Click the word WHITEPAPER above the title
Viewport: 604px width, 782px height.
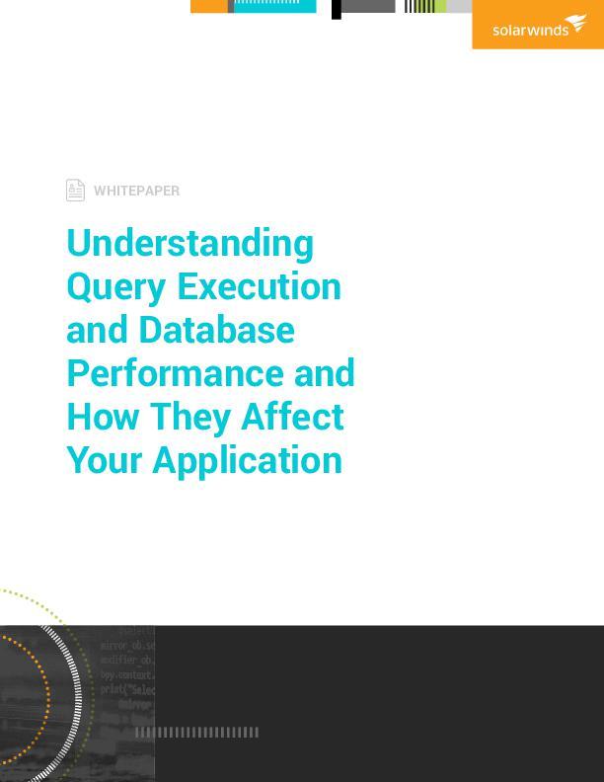pyautogui.click(x=136, y=191)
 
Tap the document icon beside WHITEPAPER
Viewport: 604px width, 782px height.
pyautogui.click(x=75, y=190)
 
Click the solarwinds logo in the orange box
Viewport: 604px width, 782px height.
pyautogui.click(x=539, y=27)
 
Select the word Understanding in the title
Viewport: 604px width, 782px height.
pyautogui.click(x=189, y=243)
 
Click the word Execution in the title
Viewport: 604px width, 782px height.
pyautogui.click(x=259, y=287)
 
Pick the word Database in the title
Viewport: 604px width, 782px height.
pyautogui.click(x=216, y=330)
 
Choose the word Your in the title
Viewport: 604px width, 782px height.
pyautogui.click(x=104, y=460)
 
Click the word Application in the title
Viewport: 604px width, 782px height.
pyautogui.click(x=247, y=461)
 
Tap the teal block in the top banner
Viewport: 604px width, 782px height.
pyautogui.click(x=274, y=6)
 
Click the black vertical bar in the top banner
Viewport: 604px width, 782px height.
pyautogui.click(x=337, y=9)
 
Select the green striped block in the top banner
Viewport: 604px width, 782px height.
pyautogui.click(x=425, y=6)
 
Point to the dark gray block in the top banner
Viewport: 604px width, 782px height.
pyautogui.click(x=368, y=6)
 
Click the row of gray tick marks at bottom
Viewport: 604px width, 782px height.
pyautogui.click(x=196, y=732)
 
